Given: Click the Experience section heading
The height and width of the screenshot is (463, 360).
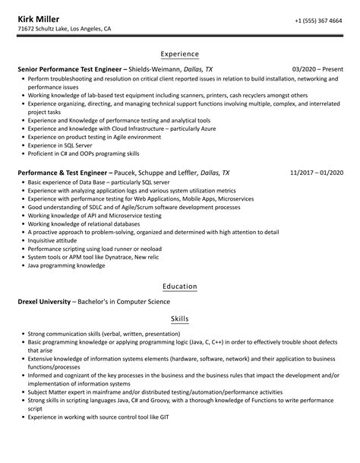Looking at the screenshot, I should point(180,54).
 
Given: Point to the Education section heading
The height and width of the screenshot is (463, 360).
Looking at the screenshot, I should point(180,287).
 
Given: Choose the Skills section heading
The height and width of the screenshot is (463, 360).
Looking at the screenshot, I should point(180,319).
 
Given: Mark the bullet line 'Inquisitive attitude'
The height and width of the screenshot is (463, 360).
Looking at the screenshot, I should point(53,240).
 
